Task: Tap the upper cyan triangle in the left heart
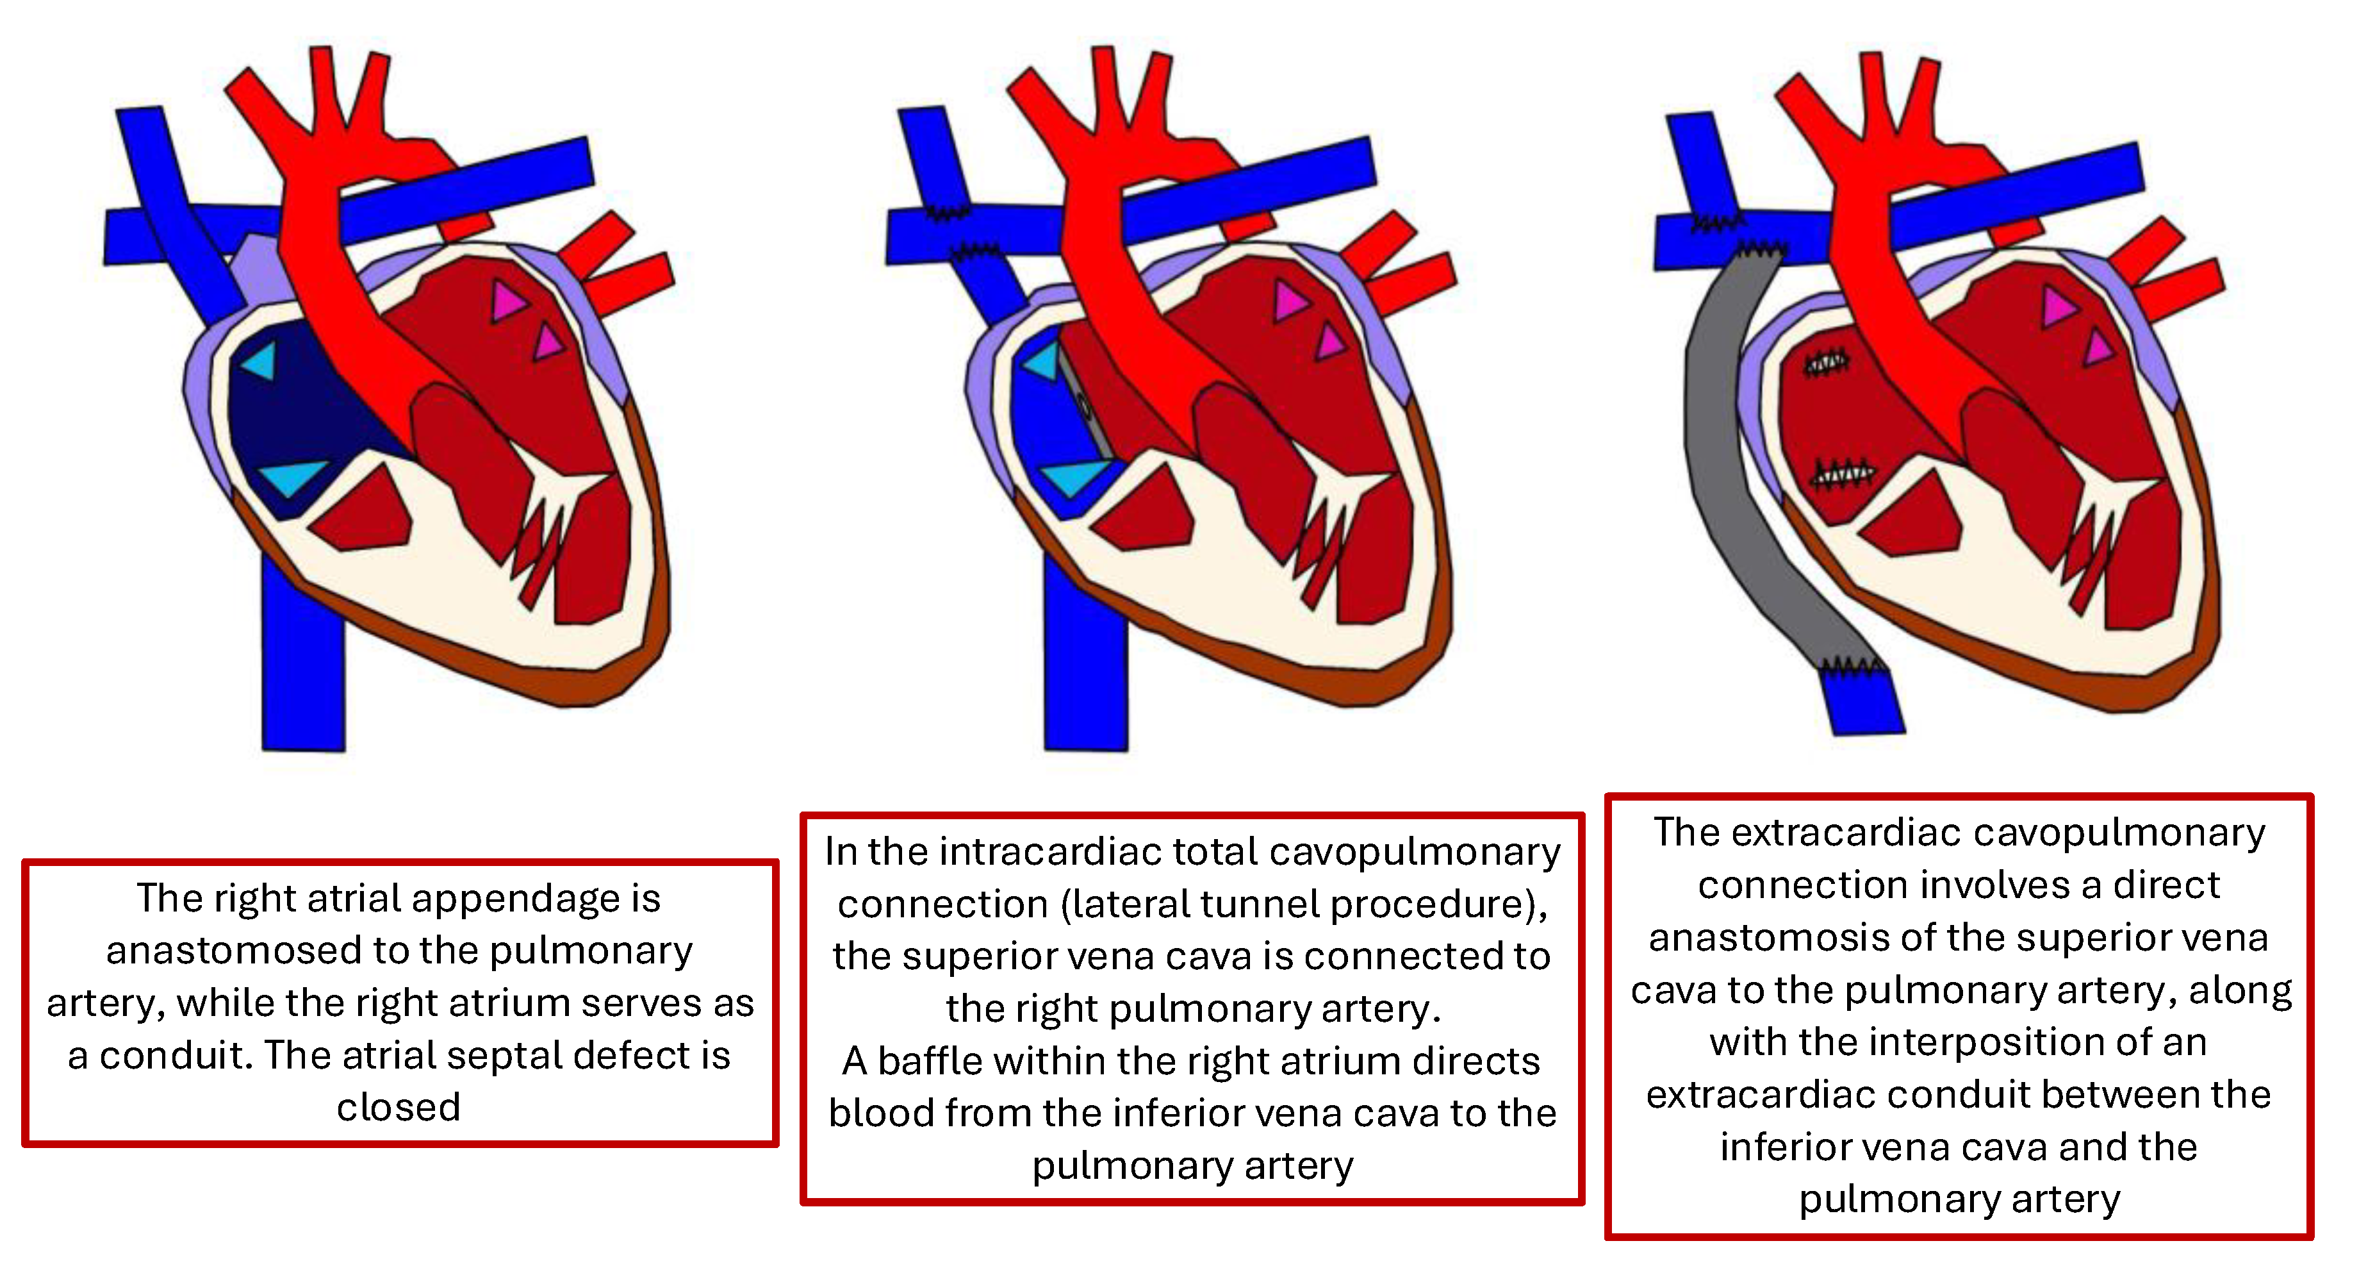pos(260,361)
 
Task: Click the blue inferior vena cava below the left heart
pos(303,669)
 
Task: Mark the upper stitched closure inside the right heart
pos(1825,363)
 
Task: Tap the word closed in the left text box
pos(399,1108)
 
